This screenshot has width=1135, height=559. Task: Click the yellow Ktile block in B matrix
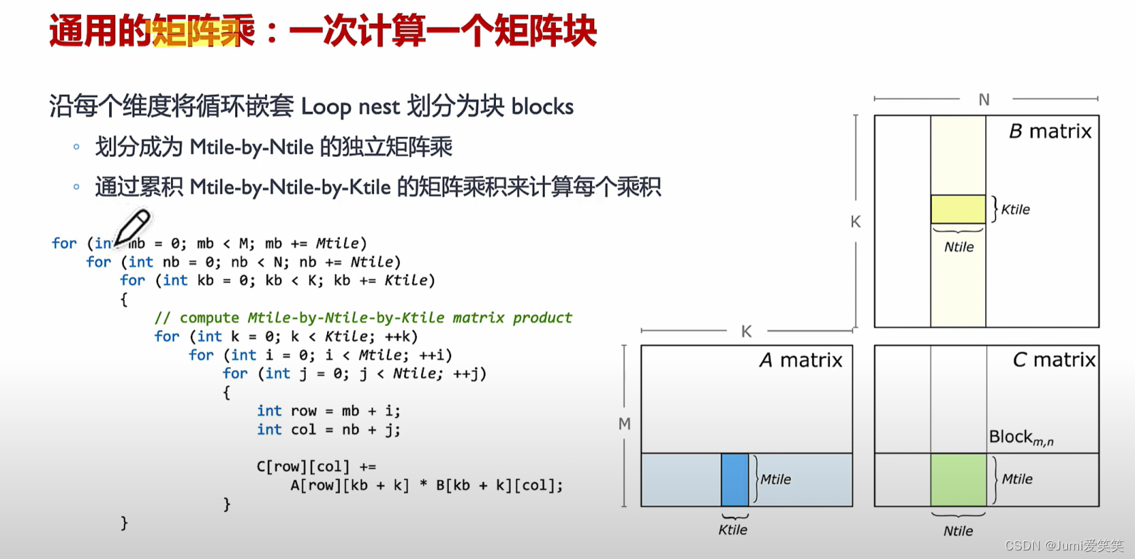pos(958,209)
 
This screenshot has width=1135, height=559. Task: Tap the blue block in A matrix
pos(735,479)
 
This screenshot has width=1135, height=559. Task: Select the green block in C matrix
pos(958,479)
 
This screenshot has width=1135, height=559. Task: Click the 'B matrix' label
pos(1050,131)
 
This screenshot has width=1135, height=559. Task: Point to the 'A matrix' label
pos(801,360)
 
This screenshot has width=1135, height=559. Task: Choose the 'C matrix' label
pos(1053,360)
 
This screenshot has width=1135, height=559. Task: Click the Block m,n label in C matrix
pos(1020,437)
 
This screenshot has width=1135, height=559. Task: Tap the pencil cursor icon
pos(133,227)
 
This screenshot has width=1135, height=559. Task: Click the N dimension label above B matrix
pos(984,100)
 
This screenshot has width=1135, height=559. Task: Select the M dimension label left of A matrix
pos(624,424)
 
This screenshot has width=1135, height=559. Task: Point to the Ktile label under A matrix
pos(732,530)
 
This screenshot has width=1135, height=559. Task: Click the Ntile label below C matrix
pos(958,530)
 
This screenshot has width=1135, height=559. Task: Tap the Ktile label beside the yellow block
pos(1015,210)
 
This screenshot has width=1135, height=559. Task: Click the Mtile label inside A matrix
pos(775,479)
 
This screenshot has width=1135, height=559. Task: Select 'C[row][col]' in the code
pos(303,467)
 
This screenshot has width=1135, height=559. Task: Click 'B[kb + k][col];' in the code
pos(499,486)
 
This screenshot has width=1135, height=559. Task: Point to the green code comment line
pos(363,317)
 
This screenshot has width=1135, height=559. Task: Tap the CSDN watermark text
pos(1064,545)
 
